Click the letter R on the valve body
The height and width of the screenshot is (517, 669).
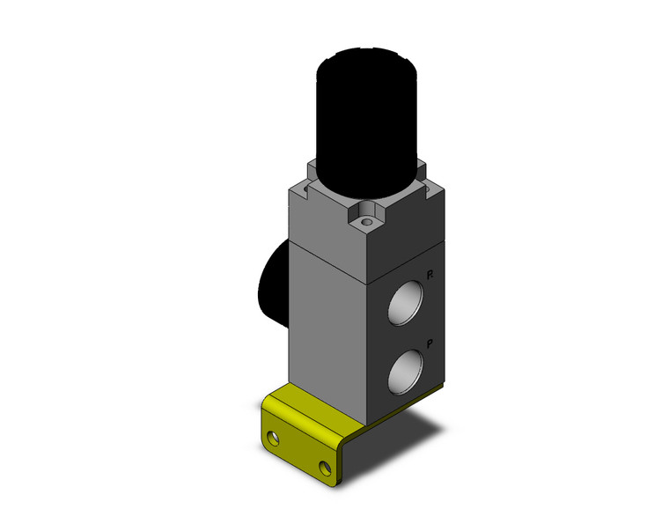click(x=429, y=277)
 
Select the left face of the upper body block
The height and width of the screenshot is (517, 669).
click(x=321, y=220)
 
